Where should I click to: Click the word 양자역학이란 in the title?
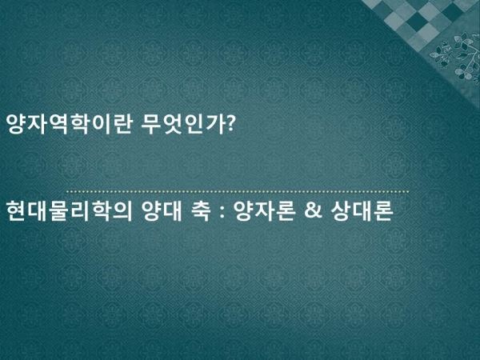coord(70,124)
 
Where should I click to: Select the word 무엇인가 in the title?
coord(184,124)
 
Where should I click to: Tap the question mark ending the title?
coord(231,123)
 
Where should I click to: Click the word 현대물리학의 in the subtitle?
coord(70,211)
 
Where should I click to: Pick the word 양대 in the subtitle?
coord(162,211)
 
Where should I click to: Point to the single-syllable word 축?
coord(201,211)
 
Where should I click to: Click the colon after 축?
coord(222,212)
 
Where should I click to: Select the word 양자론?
coord(264,211)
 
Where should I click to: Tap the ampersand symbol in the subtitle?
coord(313,211)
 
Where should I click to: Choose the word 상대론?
coord(362,211)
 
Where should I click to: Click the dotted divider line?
coord(238,192)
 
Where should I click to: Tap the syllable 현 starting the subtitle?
coord(16,211)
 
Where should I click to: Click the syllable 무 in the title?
coord(152,124)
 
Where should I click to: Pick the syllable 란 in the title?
coord(122,124)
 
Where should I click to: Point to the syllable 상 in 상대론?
coord(341,211)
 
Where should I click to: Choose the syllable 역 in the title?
coord(58,124)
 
